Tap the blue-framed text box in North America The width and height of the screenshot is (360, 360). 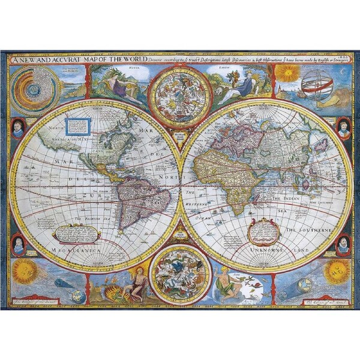pos(79,126)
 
